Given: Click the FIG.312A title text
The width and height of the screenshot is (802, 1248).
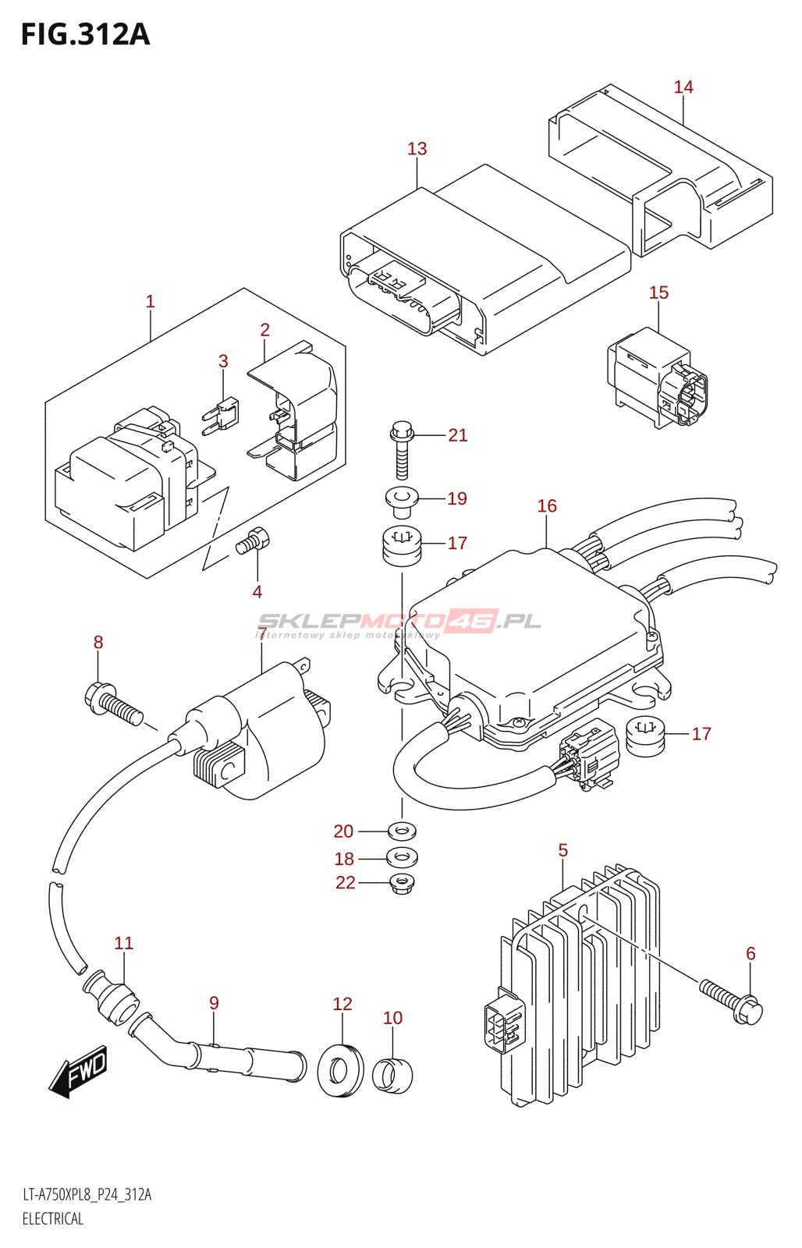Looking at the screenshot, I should [x=85, y=34].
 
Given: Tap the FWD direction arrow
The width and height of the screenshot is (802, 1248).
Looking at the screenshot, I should [x=79, y=1072].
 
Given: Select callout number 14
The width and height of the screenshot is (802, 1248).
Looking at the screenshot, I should [x=683, y=87].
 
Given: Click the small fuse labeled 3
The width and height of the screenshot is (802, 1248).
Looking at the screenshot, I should [x=224, y=413].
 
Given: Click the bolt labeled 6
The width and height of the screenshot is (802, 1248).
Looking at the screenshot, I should [x=732, y=1001].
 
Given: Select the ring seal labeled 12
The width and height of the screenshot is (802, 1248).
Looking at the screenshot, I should [x=341, y=1068].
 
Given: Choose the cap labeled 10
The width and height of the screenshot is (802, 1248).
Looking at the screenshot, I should [x=392, y=1075].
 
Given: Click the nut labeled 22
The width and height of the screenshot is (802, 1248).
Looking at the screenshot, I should [x=402, y=883].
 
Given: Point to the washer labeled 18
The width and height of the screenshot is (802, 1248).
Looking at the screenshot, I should [x=402, y=857].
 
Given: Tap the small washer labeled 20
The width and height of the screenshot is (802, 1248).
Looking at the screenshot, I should [x=402, y=830].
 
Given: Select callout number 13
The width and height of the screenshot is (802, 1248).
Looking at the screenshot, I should [x=417, y=149].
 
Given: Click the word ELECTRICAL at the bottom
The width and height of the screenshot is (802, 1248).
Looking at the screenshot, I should [x=53, y=1218].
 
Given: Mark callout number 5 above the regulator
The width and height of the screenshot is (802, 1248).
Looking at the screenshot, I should [x=563, y=850].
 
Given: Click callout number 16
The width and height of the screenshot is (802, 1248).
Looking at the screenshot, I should [x=547, y=506].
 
